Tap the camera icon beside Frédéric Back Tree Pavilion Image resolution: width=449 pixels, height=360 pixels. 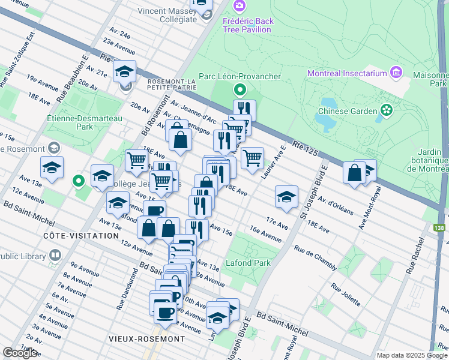[240, 5]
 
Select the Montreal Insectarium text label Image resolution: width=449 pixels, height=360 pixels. [346, 74]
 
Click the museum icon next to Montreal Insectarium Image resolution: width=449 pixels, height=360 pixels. [396, 73]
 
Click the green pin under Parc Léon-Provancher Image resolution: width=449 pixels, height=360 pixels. [240, 91]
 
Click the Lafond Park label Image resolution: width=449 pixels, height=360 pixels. [248, 263]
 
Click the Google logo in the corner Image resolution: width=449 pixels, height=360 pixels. [20, 353]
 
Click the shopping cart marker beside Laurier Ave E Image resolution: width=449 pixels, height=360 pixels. [252, 158]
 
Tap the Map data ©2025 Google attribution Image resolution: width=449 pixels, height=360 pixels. [412, 355]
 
